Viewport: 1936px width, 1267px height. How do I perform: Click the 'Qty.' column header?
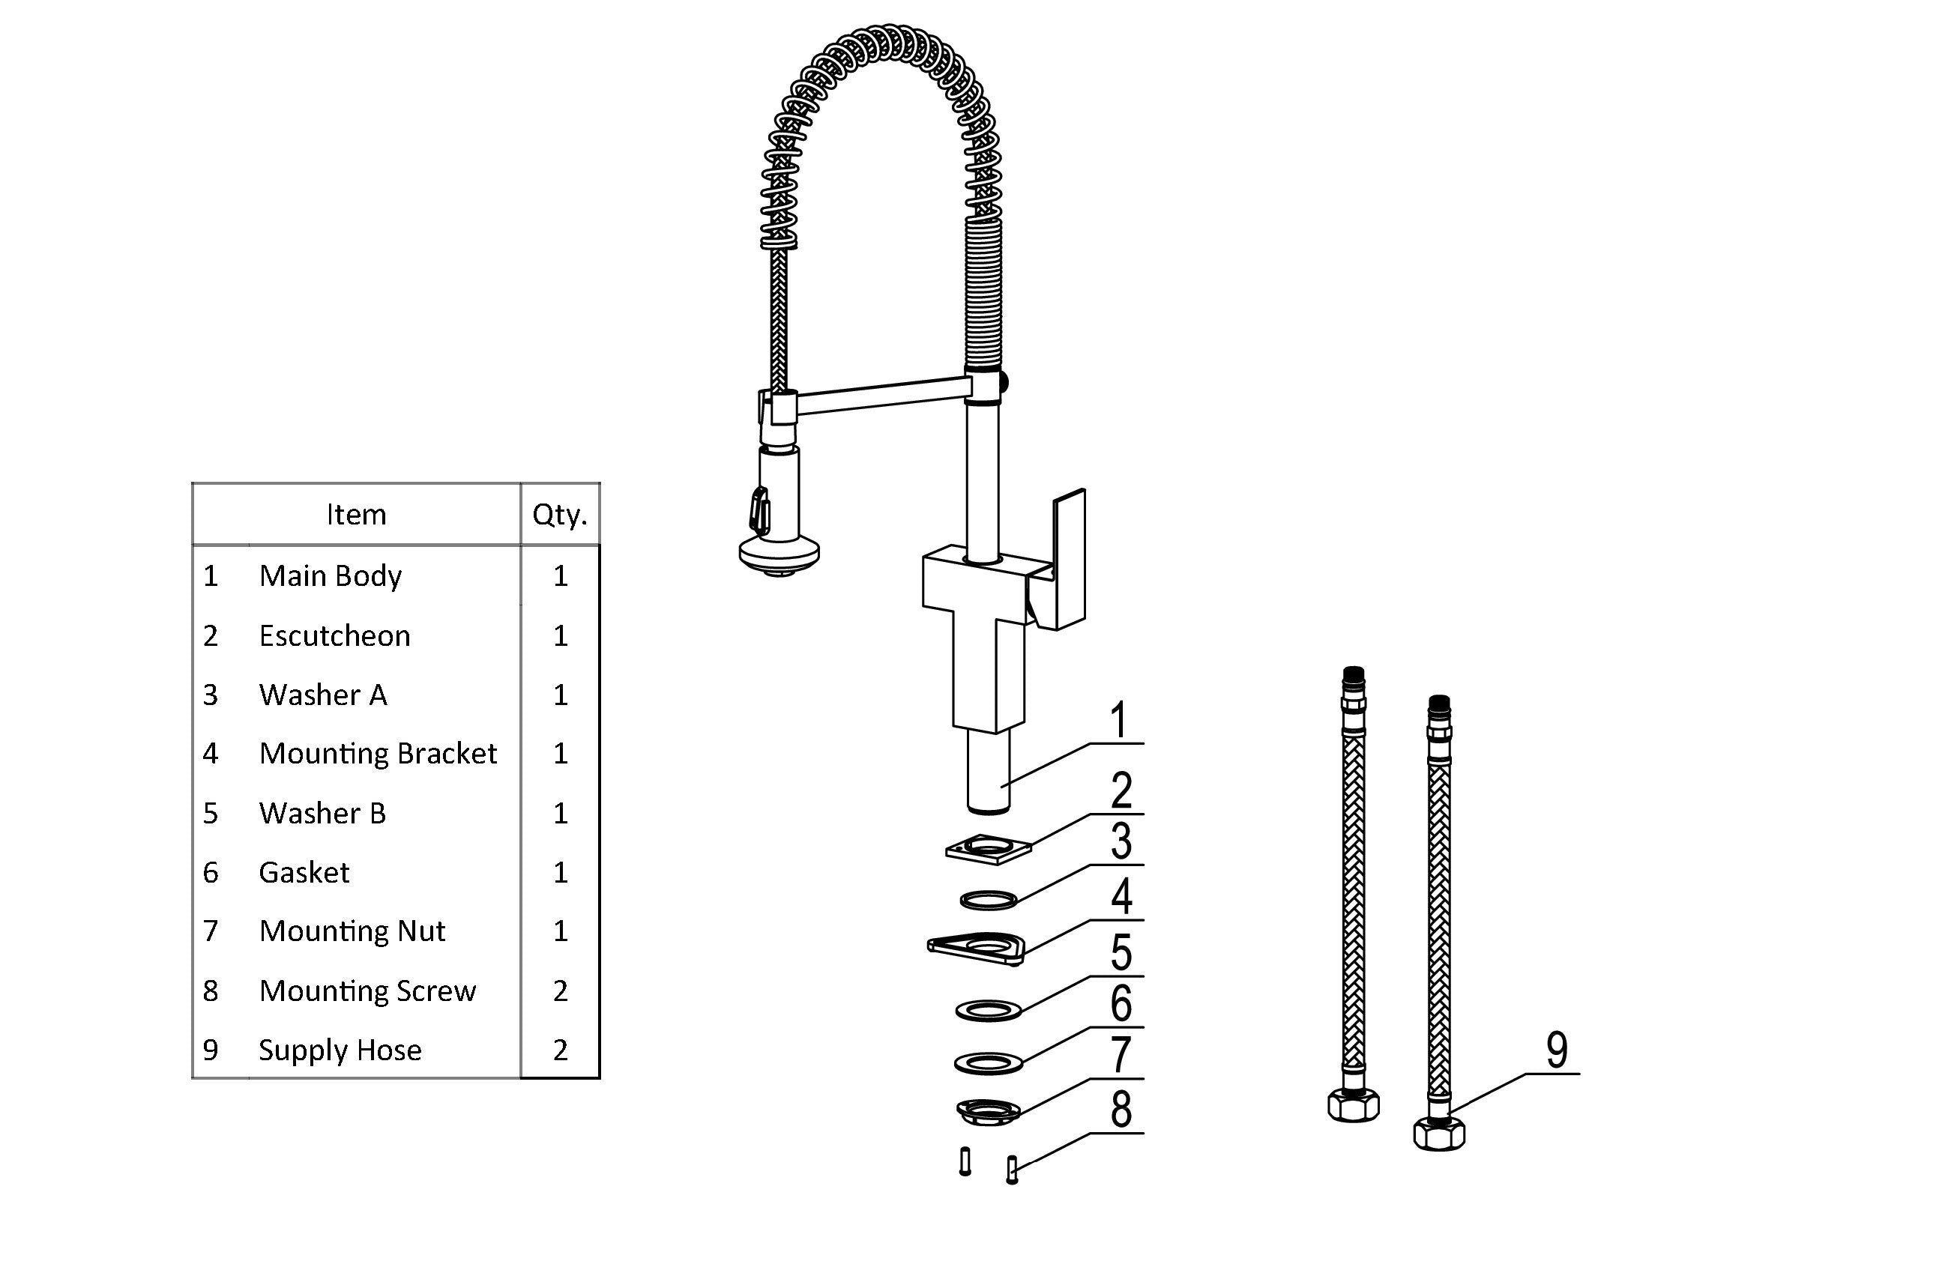coord(560,515)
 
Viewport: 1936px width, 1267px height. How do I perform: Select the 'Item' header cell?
coord(356,515)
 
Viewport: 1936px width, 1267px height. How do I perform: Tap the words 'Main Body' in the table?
coord(331,575)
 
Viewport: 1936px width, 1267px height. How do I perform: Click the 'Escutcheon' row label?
coord(334,636)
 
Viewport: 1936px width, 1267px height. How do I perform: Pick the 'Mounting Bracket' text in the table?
coord(378,754)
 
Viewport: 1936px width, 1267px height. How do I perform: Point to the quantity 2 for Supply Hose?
coord(560,1050)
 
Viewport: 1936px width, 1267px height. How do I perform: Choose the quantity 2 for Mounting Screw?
coord(560,991)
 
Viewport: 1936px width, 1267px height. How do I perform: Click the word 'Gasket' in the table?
coord(304,873)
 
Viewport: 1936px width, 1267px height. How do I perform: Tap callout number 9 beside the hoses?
coord(1556,1050)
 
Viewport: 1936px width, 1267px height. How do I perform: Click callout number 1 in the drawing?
coord(1120,721)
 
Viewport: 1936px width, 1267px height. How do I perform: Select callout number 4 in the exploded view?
coord(1122,897)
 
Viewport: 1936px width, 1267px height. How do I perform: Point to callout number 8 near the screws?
coord(1121,1109)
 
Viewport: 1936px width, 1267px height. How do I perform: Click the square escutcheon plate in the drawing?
coord(988,850)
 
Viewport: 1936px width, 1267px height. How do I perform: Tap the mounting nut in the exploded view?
coord(988,1110)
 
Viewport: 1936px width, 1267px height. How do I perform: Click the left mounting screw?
coord(965,1161)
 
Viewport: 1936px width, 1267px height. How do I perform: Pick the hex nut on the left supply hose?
coord(1353,1106)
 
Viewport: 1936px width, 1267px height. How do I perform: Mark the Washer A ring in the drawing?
coord(989,901)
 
